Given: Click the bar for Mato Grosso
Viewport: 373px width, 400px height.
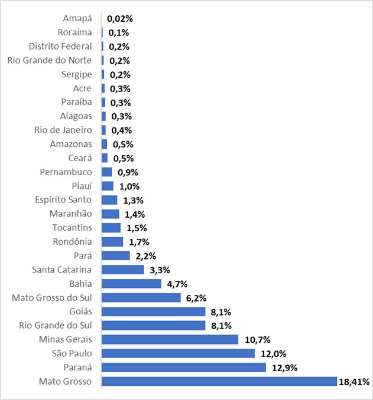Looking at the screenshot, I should [219, 382].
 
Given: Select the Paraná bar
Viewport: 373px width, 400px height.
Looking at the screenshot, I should [184, 368].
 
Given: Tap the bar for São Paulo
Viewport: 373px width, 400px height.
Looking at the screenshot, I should [178, 353].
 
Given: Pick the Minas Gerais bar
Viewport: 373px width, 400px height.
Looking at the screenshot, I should [170, 339].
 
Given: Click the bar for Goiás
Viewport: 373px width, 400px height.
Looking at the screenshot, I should [153, 312].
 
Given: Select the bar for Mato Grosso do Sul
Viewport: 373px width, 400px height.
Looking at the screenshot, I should [141, 297].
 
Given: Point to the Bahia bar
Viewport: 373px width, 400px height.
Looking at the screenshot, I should [131, 284].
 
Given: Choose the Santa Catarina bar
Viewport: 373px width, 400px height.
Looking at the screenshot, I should [122, 270].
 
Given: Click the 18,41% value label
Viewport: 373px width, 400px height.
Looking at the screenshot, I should [354, 382].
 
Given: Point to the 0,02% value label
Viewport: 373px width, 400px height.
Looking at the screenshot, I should [119, 19].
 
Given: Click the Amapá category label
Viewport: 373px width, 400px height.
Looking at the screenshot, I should [77, 18].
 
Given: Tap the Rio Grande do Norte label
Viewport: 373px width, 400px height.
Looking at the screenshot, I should [50, 60].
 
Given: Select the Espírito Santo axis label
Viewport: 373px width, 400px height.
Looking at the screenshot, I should [63, 199].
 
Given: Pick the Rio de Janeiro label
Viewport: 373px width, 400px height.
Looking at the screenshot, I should [63, 130].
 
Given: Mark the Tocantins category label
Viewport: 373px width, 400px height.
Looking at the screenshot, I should [72, 228].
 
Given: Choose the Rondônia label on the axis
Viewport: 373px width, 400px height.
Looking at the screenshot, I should [72, 241].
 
